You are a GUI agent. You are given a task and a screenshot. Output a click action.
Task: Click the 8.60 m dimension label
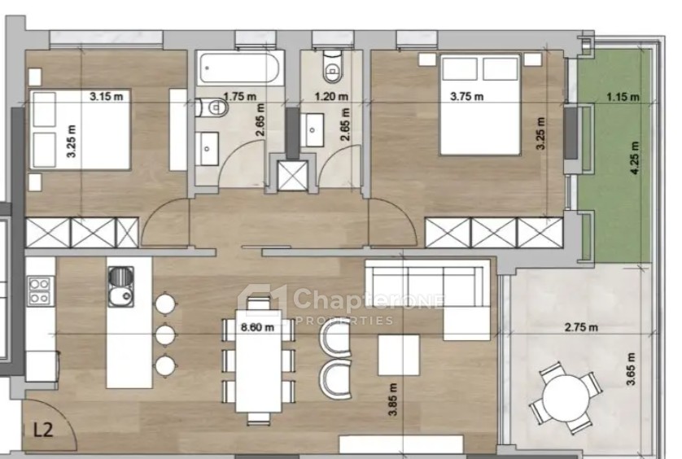coord(257,326)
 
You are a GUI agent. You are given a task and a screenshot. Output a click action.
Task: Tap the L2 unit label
coord(43,430)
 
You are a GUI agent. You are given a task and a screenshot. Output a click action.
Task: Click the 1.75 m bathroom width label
coord(239,96)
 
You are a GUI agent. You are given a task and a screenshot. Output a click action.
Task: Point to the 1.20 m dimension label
coord(331,96)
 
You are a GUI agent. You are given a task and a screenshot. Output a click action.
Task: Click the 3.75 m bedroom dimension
coord(466,96)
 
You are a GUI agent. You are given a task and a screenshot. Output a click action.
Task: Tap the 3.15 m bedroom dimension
coord(106,96)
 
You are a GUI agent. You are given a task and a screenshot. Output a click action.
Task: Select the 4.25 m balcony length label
coord(635,158)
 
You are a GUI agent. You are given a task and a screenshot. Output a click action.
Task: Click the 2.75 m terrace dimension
coord(581,326)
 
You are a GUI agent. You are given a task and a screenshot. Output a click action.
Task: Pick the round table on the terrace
coord(566,398)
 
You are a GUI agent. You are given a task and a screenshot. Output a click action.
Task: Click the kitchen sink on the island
coord(120,286)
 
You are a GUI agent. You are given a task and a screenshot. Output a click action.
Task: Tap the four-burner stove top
coord(40,291)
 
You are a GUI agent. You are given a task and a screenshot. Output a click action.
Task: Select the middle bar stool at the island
coord(165,334)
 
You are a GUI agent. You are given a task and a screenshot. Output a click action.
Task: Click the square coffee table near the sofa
coord(399,355)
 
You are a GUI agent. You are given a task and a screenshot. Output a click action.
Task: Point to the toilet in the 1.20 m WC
coord(333,67)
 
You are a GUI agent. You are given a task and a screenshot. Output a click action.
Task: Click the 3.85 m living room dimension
coord(393,400)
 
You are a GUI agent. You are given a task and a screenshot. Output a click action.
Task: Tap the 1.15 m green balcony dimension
coord(623,96)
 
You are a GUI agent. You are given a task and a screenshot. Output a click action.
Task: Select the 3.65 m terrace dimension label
coord(631,369)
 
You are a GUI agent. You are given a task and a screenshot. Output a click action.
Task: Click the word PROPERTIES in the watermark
coord(344,321)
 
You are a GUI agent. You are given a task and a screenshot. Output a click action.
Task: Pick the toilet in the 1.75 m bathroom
coord(212,107)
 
